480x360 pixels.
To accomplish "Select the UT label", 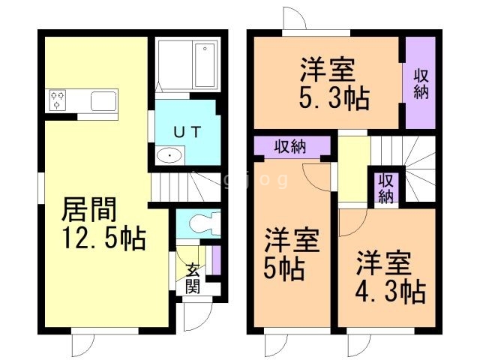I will [x=187, y=132].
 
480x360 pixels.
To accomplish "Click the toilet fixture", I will [x=200, y=223].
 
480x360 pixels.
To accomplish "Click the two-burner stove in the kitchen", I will [x=58, y=100].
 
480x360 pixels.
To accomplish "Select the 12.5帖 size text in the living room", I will [x=103, y=239].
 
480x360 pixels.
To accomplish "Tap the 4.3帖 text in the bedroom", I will [x=391, y=290].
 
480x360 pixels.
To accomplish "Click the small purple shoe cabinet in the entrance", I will [x=216, y=259].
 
